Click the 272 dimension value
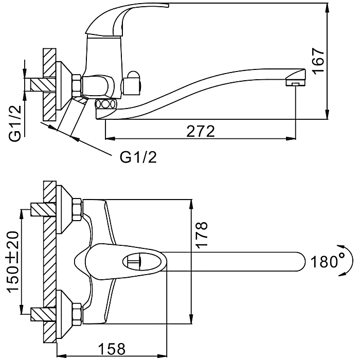(x=200, y=131)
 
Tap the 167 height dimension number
(x=318, y=61)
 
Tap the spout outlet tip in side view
(x=295, y=81)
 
